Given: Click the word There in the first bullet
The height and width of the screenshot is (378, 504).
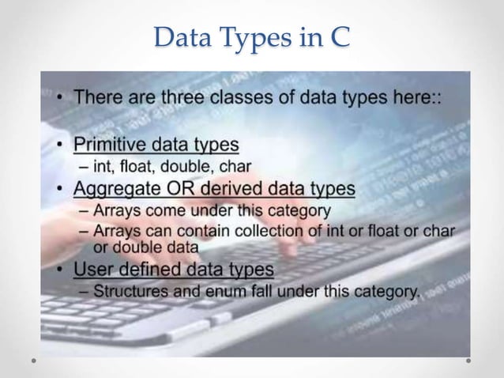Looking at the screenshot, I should click(97, 99).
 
